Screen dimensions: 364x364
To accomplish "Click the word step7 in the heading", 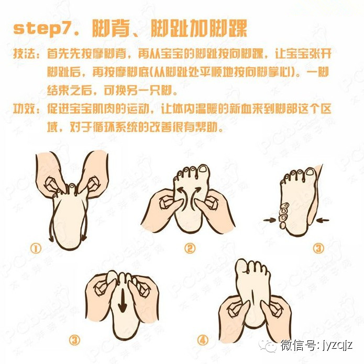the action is [x=42, y=29].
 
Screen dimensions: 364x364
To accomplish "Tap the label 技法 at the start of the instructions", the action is [x=24, y=54].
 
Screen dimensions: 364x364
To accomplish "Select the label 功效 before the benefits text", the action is [x=24, y=109].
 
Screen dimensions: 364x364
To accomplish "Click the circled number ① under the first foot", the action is [x=36, y=248].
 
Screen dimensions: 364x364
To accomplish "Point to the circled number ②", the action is [x=190, y=248].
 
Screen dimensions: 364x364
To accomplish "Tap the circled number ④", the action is [x=203, y=340].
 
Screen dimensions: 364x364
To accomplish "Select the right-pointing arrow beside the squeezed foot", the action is [x=270, y=220].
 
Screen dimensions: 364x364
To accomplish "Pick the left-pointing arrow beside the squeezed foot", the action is [x=323, y=220].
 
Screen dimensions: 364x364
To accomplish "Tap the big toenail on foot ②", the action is [x=204, y=169].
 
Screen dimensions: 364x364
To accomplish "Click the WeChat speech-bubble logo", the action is [x=268, y=346].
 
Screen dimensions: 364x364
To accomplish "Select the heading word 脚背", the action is [x=111, y=29].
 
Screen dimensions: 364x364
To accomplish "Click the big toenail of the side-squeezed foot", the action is [x=310, y=172].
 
